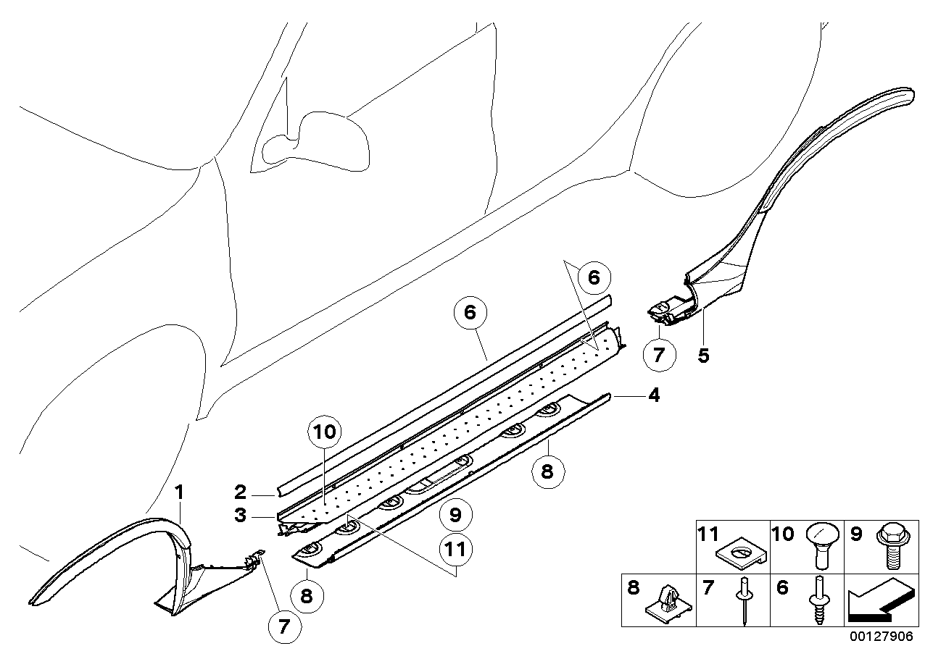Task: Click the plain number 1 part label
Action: point(180,494)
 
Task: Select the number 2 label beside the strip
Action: point(241,493)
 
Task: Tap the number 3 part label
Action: point(241,517)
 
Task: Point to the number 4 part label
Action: point(654,396)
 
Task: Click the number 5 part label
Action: point(704,355)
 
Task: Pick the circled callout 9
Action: point(455,516)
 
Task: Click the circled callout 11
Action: point(455,550)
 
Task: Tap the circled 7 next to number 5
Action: point(658,356)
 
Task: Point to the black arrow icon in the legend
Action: point(877,600)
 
